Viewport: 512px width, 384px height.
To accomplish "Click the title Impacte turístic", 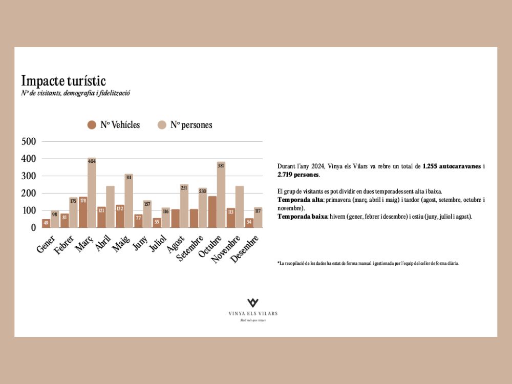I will click(x=63, y=81).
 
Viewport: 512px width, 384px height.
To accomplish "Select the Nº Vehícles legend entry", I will click(x=114, y=125).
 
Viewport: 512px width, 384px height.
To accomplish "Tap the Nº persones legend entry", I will click(x=184, y=125).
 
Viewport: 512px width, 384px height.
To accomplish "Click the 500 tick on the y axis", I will click(x=29, y=142).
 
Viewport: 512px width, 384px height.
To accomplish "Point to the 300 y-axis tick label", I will click(x=29, y=176).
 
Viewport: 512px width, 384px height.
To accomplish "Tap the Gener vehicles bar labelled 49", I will click(x=46, y=223).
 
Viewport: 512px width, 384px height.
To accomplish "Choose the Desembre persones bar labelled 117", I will click(x=258, y=217).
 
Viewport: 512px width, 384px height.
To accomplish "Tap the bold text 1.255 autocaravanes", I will click(x=452, y=166).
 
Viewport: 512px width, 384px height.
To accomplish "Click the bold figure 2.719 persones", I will click(x=298, y=175).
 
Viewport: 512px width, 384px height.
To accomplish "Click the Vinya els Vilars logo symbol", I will click(x=253, y=303).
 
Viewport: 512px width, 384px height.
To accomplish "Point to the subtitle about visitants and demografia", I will click(x=76, y=93).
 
